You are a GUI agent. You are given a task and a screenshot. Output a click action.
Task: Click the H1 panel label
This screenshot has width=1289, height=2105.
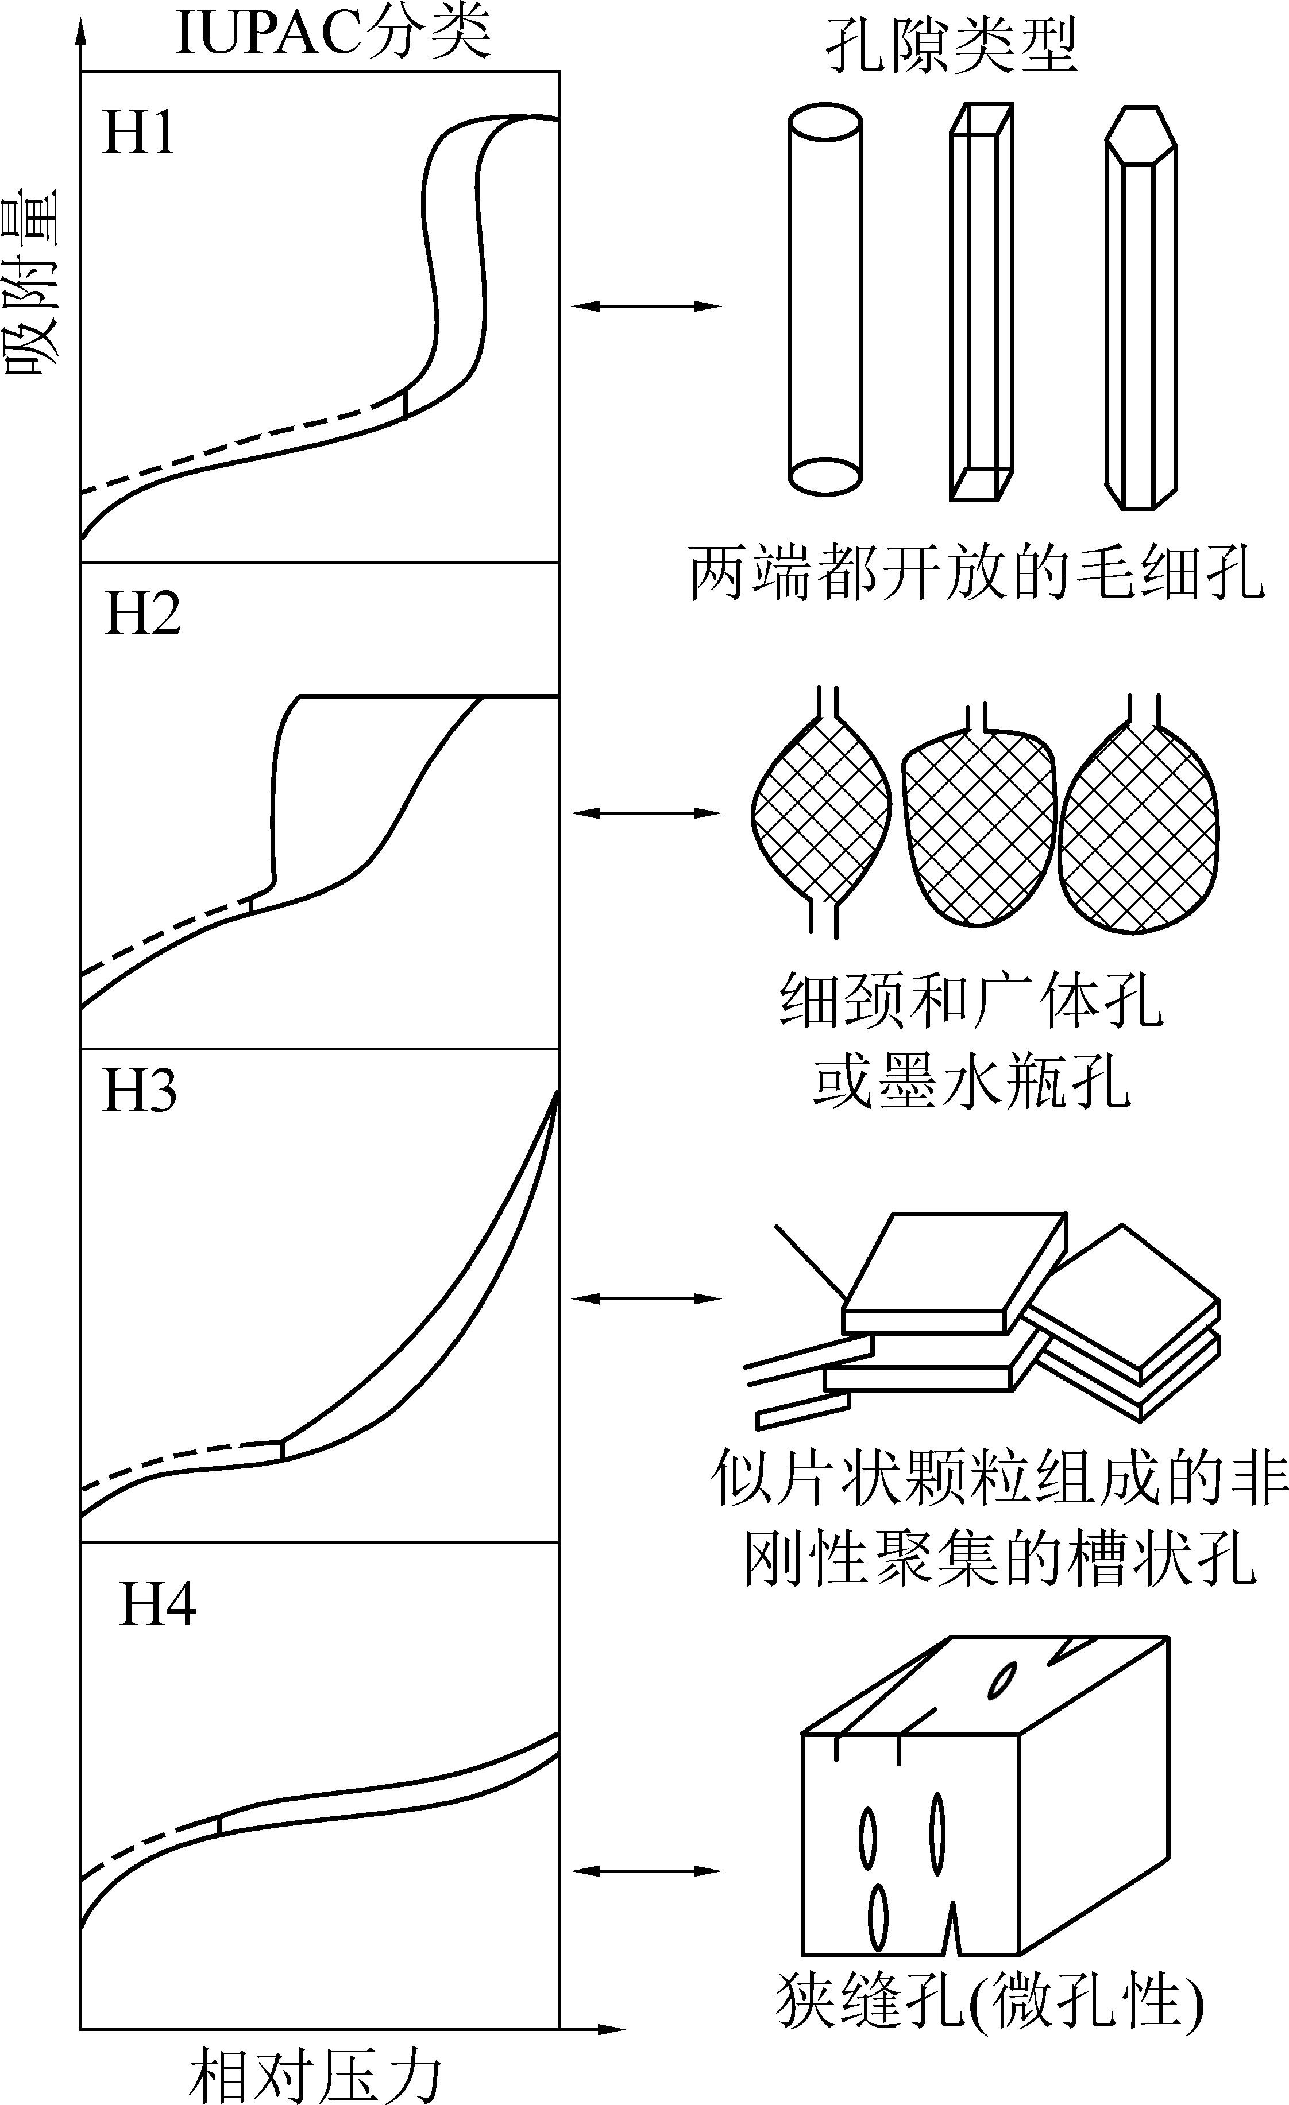(138, 133)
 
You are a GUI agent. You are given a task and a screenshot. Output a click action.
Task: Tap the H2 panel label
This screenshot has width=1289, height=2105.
(142, 614)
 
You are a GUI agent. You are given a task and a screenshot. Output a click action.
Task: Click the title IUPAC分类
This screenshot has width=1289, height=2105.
(333, 34)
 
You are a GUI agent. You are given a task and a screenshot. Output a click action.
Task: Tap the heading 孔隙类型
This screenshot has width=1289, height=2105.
(951, 44)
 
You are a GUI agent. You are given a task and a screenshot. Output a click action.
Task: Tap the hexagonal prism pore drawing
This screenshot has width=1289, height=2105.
(1140, 308)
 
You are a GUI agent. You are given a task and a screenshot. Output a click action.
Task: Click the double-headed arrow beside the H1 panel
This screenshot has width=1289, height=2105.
(646, 305)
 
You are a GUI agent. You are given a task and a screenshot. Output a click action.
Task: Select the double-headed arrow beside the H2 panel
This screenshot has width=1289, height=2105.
(646, 813)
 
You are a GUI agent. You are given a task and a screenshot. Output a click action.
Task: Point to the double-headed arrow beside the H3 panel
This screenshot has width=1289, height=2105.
(646, 1298)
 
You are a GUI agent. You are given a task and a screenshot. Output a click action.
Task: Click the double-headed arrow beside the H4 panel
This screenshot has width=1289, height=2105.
(646, 1871)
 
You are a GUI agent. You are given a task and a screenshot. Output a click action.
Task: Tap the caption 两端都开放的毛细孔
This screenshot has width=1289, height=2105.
(976, 574)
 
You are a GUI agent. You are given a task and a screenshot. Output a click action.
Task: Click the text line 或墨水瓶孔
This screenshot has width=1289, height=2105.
(972, 1081)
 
